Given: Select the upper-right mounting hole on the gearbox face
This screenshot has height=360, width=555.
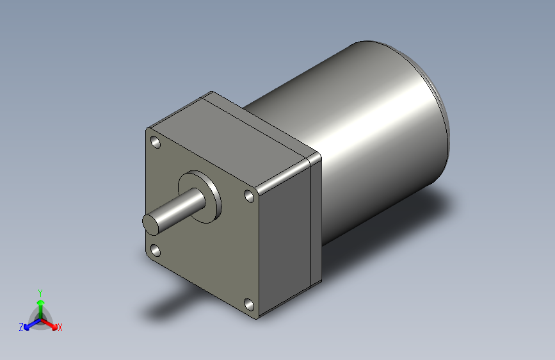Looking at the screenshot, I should point(249,196).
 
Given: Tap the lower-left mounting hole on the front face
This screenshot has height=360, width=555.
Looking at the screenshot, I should point(155,249).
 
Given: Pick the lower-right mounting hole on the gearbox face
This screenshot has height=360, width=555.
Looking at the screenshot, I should point(248,303).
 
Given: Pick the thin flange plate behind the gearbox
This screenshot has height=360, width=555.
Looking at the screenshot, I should point(315,218).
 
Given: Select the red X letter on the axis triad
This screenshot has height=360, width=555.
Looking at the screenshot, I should point(60,328).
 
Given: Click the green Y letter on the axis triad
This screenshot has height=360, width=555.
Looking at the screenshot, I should point(40,291).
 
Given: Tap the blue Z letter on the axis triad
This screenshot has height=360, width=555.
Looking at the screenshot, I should point(21,327).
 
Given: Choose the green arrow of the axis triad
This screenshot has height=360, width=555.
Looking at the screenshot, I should point(40,304).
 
